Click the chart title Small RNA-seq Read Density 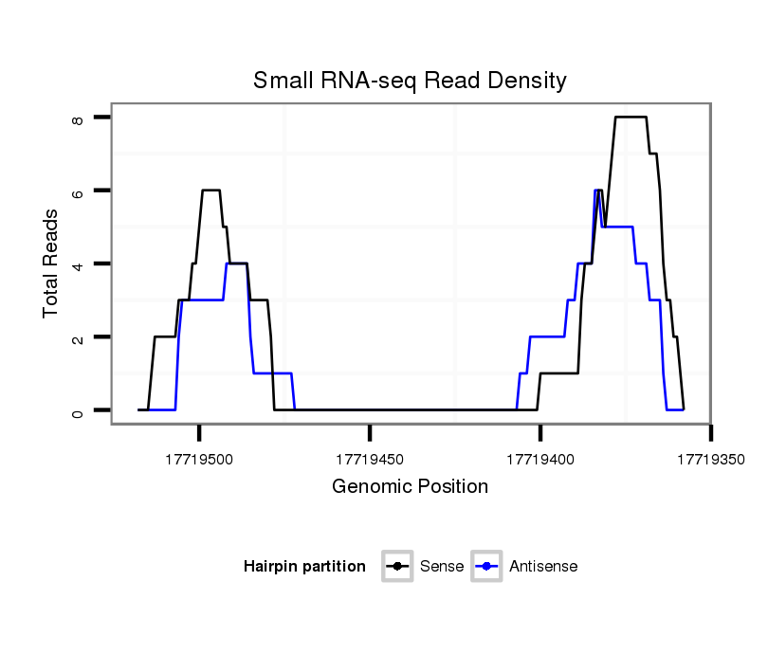[410, 81]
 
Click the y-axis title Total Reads [51, 263]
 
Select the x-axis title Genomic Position [410, 487]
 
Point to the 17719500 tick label [199, 460]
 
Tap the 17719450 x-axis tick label [370, 460]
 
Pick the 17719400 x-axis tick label [540, 460]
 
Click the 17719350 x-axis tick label [710, 460]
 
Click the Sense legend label [442, 567]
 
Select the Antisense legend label [543, 567]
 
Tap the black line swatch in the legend [397, 567]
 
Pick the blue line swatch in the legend [485, 567]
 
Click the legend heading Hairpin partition [304, 567]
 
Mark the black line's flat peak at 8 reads [631, 117]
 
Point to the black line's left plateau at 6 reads [210, 191]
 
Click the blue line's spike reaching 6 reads [596, 191]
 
